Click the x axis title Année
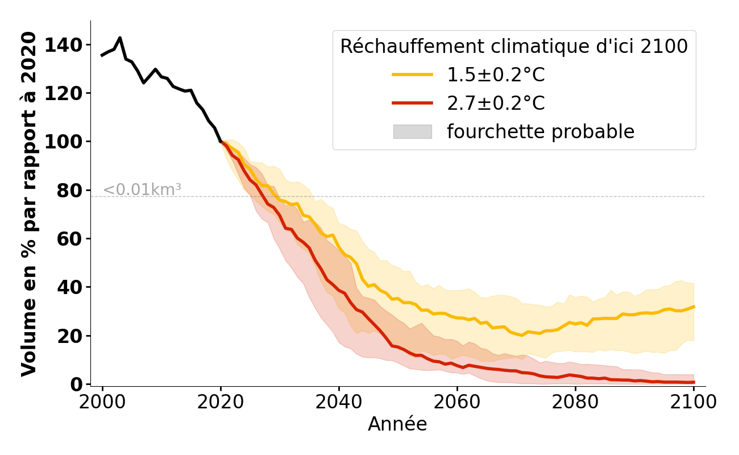pos(397,424)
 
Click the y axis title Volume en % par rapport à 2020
pos(29,204)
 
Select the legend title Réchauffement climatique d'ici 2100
pos(514,46)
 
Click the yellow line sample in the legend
pos(412,75)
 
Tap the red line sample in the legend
pos(412,103)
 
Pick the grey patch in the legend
pos(412,131)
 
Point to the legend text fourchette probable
pos(540,131)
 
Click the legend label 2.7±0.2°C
pos(496,103)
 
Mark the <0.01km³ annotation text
pos(142,190)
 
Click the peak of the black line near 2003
pos(120,38)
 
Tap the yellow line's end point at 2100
pos(694,307)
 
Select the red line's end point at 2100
pos(694,382)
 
